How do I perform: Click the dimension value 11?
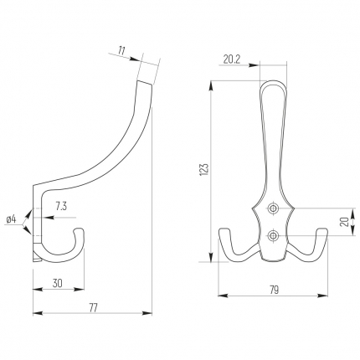[x=121, y=51]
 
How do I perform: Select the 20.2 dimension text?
[x=232, y=59]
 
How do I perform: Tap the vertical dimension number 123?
[x=204, y=169]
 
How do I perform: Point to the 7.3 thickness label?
[x=61, y=207]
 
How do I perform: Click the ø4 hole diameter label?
[x=12, y=219]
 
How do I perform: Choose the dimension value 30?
[x=58, y=283]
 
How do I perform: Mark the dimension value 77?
[x=93, y=308]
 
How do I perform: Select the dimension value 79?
[x=275, y=290]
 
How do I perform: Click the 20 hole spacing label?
[x=345, y=222]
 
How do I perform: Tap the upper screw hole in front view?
[x=272, y=208]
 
